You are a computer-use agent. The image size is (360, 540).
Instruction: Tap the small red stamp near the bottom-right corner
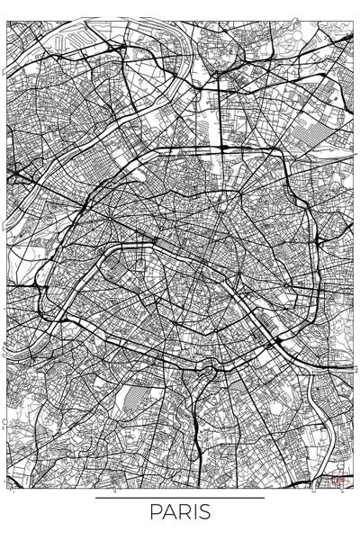[340, 480]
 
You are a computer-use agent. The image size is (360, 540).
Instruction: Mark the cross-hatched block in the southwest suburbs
[132, 397]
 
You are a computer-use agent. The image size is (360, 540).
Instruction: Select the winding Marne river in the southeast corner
[324, 450]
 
